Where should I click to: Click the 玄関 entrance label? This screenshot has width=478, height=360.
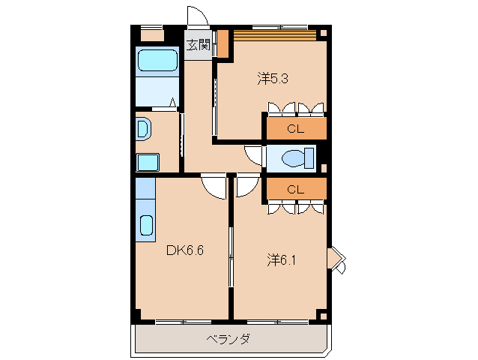(x=198, y=44)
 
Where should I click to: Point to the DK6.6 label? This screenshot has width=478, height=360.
(x=184, y=250)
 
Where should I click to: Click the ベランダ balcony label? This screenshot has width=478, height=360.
(x=228, y=339)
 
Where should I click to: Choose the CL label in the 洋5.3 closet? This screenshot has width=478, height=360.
(x=296, y=129)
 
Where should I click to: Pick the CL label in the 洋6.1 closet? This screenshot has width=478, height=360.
(x=296, y=189)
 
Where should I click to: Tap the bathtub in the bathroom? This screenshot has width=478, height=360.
(x=157, y=61)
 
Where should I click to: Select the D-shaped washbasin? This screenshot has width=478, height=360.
(x=143, y=129)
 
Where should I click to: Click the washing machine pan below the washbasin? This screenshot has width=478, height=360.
(x=148, y=162)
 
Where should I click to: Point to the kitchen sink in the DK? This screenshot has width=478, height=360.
(x=146, y=225)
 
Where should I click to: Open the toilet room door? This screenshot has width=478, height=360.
(x=255, y=155)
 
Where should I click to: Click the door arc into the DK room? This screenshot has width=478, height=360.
(x=214, y=186)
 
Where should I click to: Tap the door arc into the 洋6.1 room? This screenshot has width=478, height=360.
(x=246, y=186)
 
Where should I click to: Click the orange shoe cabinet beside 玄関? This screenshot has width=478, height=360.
(x=223, y=43)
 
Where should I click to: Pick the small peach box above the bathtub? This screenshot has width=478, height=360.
(x=152, y=35)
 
